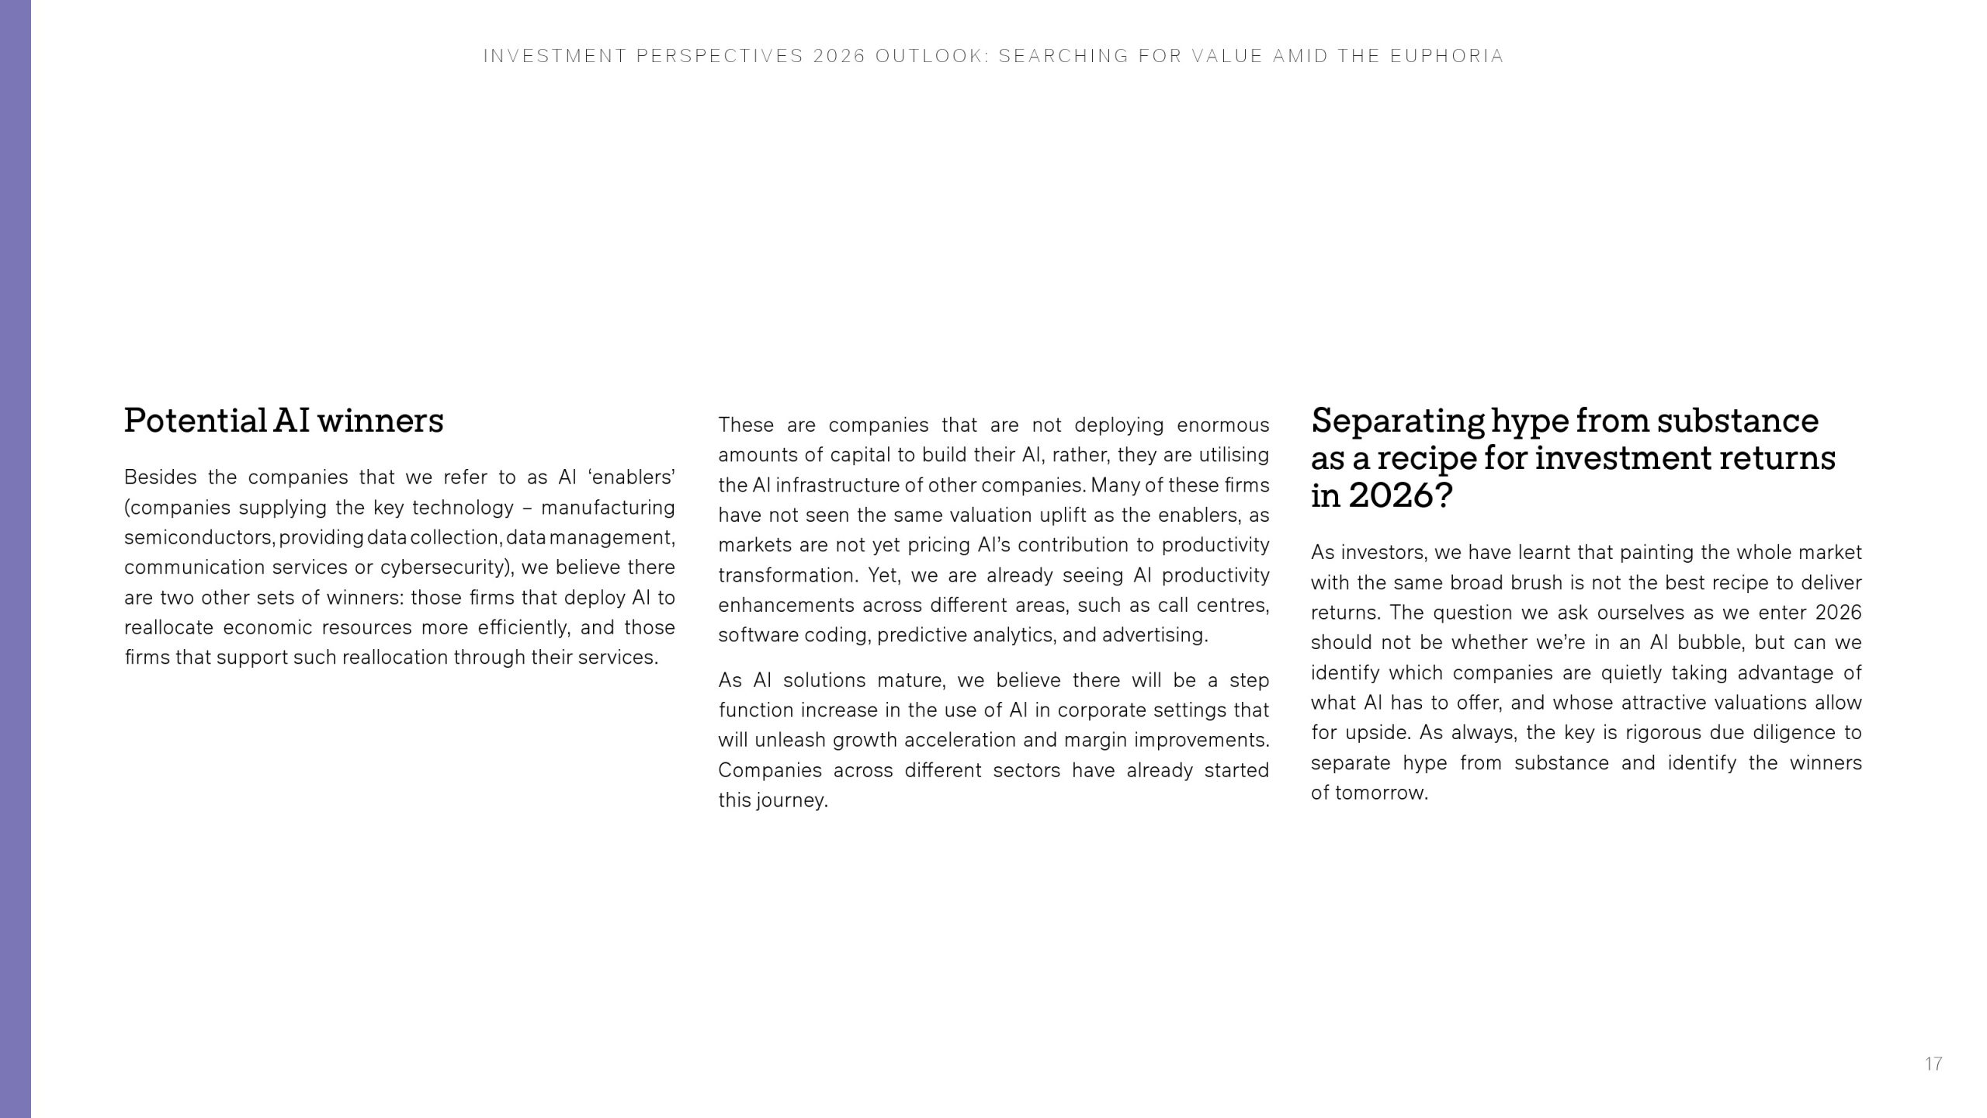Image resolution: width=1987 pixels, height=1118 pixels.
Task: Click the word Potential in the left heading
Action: (x=196, y=422)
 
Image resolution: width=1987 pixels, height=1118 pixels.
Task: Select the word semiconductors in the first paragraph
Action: (x=198, y=537)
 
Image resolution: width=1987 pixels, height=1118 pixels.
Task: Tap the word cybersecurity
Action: (x=445, y=568)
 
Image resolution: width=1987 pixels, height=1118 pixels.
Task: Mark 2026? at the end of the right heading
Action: (x=1400, y=496)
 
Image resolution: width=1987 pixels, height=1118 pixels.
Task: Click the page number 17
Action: (x=1933, y=1064)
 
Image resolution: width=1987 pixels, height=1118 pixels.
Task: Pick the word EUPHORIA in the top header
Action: (x=1447, y=56)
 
